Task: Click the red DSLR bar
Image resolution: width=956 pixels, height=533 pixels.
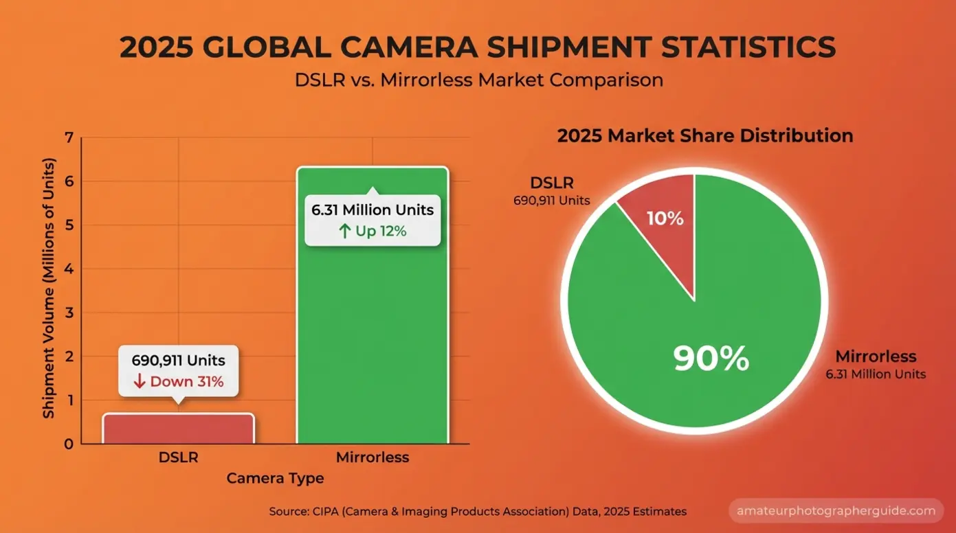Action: click(x=179, y=429)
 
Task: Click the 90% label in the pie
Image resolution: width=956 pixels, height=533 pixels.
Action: click(x=711, y=358)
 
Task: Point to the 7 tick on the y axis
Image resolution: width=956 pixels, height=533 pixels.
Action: click(x=68, y=138)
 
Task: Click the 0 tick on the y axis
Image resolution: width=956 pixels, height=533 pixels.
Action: click(x=68, y=444)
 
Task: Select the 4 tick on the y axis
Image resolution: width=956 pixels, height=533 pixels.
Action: click(x=68, y=269)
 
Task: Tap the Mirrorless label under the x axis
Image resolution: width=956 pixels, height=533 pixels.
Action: click(x=372, y=457)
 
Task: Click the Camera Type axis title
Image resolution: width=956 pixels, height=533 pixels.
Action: click(x=275, y=478)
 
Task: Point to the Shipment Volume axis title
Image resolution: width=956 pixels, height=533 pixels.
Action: click(x=49, y=288)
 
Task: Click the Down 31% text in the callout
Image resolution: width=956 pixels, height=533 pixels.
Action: click(x=179, y=382)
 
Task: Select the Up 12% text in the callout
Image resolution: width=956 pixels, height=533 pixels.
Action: click(x=373, y=231)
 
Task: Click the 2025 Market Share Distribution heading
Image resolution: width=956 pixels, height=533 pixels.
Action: click(x=704, y=135)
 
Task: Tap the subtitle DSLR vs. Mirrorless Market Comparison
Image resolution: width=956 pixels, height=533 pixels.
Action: click(x=478, y=80)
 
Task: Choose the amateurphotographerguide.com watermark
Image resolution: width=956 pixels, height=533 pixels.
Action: click(x=836, y=511)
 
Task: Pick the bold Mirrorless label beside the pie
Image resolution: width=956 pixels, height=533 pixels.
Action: click(x=876, y=357)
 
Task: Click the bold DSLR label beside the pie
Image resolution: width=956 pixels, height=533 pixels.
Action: click(x=551, y=183)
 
